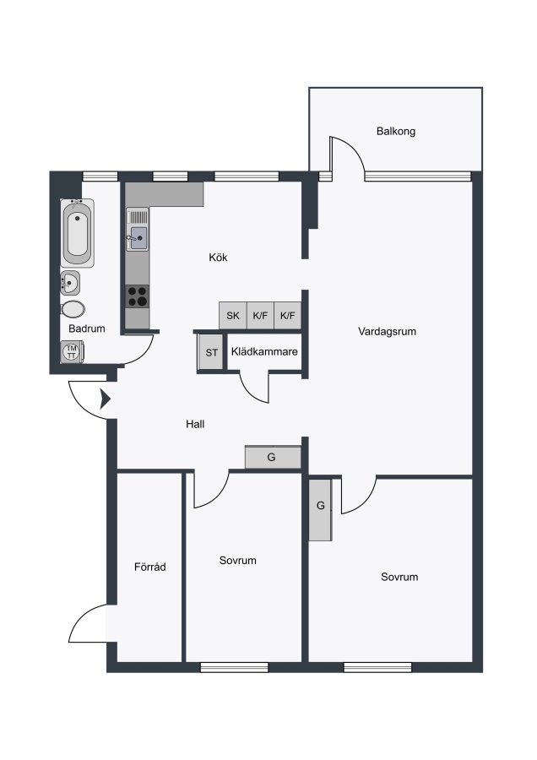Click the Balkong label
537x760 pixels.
[395, 132]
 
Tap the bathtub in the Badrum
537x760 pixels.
[78, 233]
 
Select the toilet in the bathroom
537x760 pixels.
[73, 309]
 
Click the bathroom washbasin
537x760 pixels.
[70, 283]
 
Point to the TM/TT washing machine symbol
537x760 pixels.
[73, 351]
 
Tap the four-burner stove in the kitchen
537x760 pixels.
[138, 296]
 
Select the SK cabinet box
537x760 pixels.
[233, 316]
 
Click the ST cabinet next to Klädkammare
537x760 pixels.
[211, 352]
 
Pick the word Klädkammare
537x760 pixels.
[264, 352]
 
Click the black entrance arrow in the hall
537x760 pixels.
[106, 399]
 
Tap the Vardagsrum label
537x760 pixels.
[388, 332]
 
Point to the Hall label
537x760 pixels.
[195, 424]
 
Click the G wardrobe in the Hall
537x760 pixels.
[273, 457]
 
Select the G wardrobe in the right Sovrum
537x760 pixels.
[320, 509]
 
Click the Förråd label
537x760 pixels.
[149, 567]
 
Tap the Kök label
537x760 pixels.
[218, 258]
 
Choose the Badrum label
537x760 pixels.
[87, 328]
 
